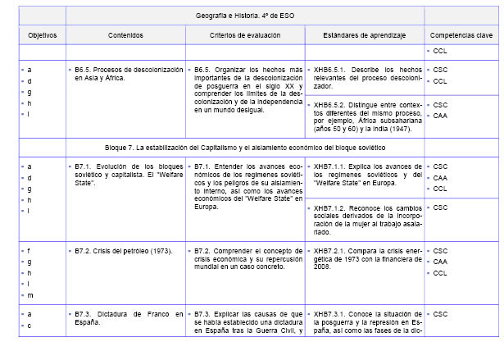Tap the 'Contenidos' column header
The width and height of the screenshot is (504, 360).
[125, 36]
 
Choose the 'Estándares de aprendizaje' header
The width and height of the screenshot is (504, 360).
[365, 36]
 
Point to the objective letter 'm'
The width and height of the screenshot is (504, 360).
[30, 294]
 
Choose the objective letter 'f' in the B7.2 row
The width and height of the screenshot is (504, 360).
[30, 250]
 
